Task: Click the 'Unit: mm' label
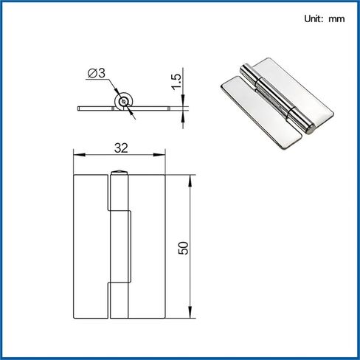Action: [325, 18]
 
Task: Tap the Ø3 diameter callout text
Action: [97, 73]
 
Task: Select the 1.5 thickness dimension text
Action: [176, 82]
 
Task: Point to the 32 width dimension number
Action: [121, 148]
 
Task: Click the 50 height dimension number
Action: [184, 248]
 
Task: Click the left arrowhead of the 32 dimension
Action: [79, 155]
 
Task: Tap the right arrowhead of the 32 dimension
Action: [159, 155]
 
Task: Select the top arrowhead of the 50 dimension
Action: [190, 181]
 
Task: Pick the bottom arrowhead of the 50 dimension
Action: [190, 312]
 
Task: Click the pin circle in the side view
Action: [123, 101]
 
